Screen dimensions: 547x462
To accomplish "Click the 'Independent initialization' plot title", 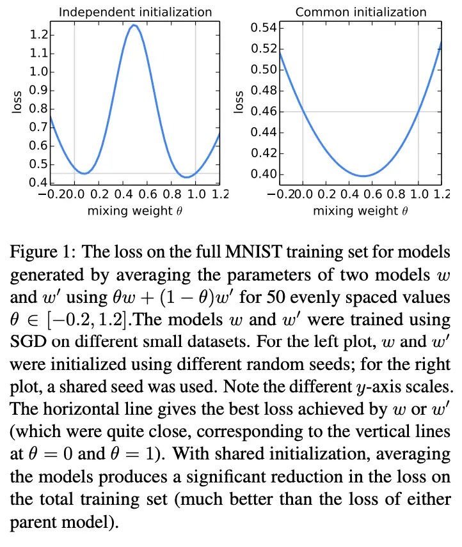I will [134, 12].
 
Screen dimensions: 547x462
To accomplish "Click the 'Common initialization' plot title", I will [360, 12].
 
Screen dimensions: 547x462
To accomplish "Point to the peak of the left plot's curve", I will [134, 26].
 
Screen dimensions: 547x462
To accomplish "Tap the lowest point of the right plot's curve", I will [363, 176].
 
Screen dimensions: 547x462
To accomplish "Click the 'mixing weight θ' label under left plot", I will [134, 210].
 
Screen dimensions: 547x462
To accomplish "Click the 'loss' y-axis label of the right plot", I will [239, 102].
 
